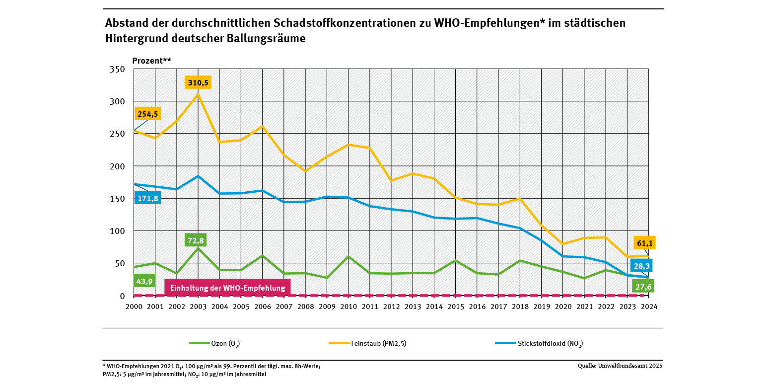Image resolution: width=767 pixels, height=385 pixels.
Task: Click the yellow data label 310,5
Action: [x=198, y=82]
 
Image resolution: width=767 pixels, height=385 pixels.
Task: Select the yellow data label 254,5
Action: [x=148, y=114]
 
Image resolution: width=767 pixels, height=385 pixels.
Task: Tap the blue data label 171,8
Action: [x=148, y=199]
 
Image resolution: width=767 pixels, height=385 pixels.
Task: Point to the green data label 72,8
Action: [x=196, y=240]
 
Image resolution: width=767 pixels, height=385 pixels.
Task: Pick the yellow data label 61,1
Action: [x=644, y=242]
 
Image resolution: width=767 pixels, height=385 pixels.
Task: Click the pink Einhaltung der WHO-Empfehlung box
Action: [x=227, y=288]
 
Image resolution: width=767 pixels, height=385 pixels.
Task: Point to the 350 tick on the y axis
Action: [x=117, y=69]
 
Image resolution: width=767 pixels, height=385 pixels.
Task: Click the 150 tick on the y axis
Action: [x=117, y=199]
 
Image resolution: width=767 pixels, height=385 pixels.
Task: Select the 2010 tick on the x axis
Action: [x=349, y=307]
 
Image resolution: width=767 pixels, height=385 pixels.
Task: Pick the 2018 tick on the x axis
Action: [x=520, y=307]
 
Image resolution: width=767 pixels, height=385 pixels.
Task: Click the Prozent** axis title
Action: [x=151, y=61]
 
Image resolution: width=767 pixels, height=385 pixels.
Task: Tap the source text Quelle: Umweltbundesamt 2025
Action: [x=620, y=366]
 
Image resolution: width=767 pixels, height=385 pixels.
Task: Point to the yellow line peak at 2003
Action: [x=198, y=94]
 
